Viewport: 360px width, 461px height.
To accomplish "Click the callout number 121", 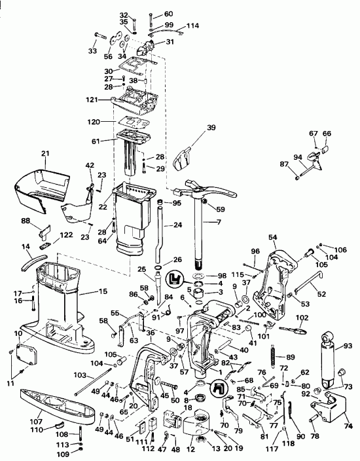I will [94, 100].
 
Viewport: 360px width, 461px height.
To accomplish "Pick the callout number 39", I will [211, 128].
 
